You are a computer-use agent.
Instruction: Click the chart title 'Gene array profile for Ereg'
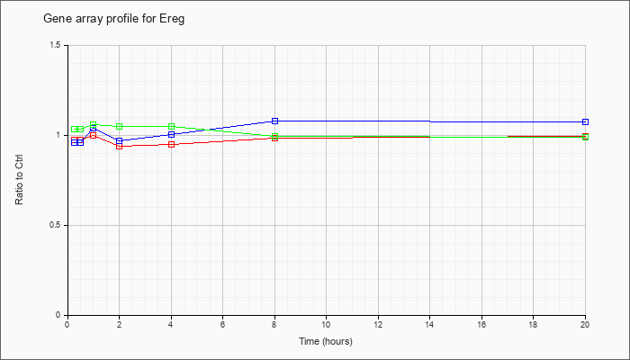(x=113, y=19)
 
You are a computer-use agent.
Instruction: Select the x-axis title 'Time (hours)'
(x=326, y=341)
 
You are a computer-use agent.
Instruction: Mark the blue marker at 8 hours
(x=274, y=121)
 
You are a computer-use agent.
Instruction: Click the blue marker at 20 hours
(x=585, y=121)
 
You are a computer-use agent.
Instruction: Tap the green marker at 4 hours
(x=172, y=127)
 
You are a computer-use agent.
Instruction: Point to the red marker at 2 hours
(x=120, y=146)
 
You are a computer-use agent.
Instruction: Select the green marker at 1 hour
(x=94, y=124)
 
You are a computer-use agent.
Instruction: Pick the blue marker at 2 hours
(x=120, y=140)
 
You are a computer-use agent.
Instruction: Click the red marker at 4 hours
(x=172, y=145)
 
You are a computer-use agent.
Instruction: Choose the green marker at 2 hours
(x=120, y=127)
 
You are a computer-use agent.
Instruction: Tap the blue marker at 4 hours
(x=172, y=134)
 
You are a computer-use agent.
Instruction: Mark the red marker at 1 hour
(x=94, y=135)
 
